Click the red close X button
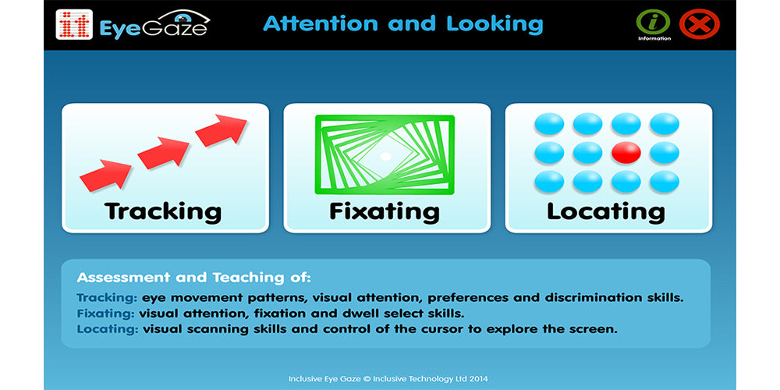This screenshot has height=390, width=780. [699, 24]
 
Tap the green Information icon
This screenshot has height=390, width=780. [654, 22]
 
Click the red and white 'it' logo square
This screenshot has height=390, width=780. [74, 25]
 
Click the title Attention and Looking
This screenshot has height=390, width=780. [402, 23]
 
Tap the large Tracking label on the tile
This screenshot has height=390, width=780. [164, 211]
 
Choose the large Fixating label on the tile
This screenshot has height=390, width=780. [385, 211]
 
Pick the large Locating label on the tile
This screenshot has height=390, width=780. [606, 211]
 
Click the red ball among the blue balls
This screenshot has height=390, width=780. [626, 152]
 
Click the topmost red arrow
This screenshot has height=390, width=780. [222, 129]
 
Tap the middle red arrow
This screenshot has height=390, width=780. [164, 151]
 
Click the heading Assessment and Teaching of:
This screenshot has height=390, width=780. [193, 278]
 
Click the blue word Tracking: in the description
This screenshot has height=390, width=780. [107, 298]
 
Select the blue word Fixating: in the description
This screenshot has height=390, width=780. [106, 314]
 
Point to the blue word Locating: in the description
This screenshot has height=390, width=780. [108, 329]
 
